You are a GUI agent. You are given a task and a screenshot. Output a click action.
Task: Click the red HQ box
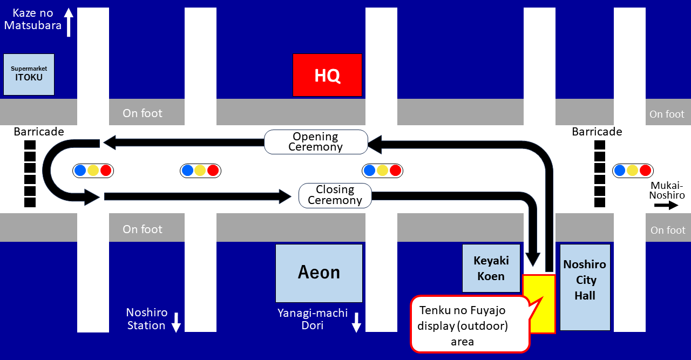(x=327, y=75)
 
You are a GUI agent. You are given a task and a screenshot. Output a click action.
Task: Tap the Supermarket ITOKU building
(x=29, y=74)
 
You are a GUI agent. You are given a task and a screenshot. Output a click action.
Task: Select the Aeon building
(x=319, y=273)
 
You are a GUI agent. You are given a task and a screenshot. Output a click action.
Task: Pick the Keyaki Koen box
(x=491, y=268)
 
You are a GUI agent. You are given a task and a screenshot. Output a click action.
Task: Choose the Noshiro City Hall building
(x=585, y=287)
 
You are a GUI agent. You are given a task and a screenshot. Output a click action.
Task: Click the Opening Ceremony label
(x=316, y=141)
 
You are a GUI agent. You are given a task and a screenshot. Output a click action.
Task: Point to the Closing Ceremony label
(x=335, y=195)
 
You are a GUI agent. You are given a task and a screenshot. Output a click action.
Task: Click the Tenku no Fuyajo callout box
(x=469, y=324)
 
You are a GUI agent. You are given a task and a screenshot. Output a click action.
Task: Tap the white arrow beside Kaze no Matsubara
(x=69, y=22)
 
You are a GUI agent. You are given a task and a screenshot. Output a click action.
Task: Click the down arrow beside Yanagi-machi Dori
(x=356, y=322)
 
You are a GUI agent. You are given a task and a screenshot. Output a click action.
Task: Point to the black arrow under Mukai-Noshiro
(x=666, y=205)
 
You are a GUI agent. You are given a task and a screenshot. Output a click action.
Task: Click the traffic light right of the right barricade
(x=632, y=171)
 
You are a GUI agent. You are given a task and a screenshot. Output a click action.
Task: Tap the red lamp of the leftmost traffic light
(x=106, y=171)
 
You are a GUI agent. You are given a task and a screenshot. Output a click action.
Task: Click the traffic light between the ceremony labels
(x=382, y=171)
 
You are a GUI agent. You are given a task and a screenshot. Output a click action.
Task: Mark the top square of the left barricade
(x=30, y=145)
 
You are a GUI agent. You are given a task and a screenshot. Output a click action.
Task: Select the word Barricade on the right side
(x=597, y=132)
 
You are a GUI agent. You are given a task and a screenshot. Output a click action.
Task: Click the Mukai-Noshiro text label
(x=667, y=190)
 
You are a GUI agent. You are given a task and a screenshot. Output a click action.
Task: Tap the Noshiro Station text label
(x=146, y=319)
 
